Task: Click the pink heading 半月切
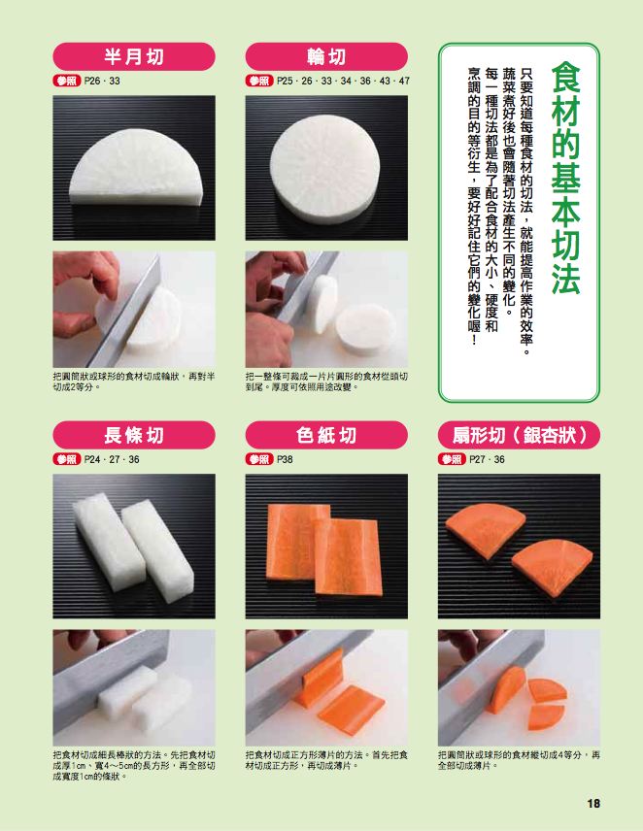click(x=134, y=56)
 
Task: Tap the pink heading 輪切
click(x=326, y=56)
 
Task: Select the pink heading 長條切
click(x=134, y=435)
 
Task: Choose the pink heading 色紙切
click(x=326, y=435)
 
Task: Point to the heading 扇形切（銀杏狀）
click(x=519, y=435)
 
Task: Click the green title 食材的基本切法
click(x=565, y=178)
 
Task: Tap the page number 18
click(x=593, y=804)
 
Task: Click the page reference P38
click(x=285, y=459)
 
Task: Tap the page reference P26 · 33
click(x=102, y=82)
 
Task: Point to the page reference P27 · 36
click(x=487, y=459)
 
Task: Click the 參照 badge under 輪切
click(x=259, y=82)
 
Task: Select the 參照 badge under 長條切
click(x=67, y=459)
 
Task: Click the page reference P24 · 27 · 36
click(x=112, y=459)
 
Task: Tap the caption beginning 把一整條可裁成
click(x=326, y=382)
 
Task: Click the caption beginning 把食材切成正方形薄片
click(x=326, y=760)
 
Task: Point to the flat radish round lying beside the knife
click(x=366, y=328)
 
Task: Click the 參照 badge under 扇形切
click(x=452, y=459)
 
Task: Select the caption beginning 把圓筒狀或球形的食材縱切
click(x=519, y=760)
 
